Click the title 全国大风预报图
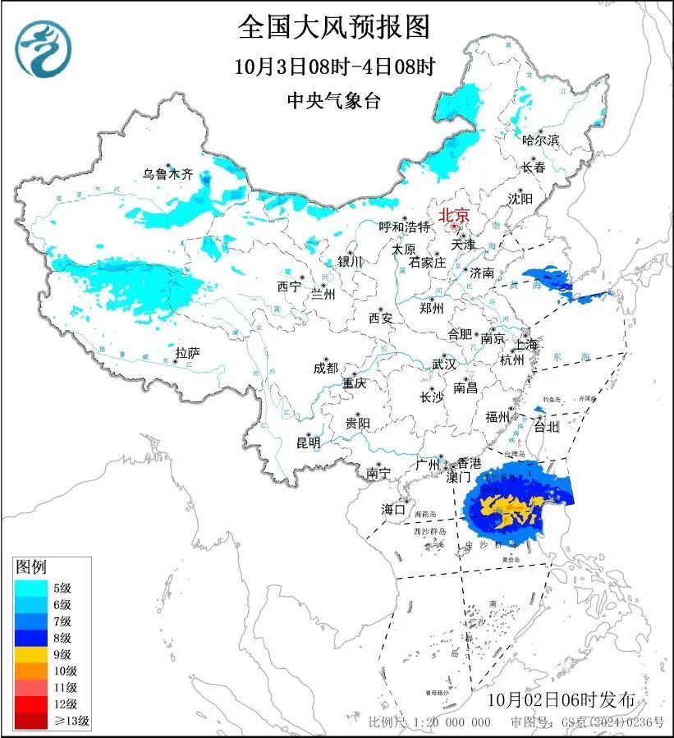click(333, 28)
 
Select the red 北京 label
click(454, 215)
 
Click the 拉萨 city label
click(187, 353)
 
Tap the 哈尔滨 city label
click(540, 140)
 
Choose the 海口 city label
click(393, 510)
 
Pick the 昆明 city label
click(308, 443)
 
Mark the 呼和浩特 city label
click(404, 227)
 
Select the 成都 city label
click(325, 369)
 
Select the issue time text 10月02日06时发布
click(561, 700)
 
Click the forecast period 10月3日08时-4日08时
click(333, 66)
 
